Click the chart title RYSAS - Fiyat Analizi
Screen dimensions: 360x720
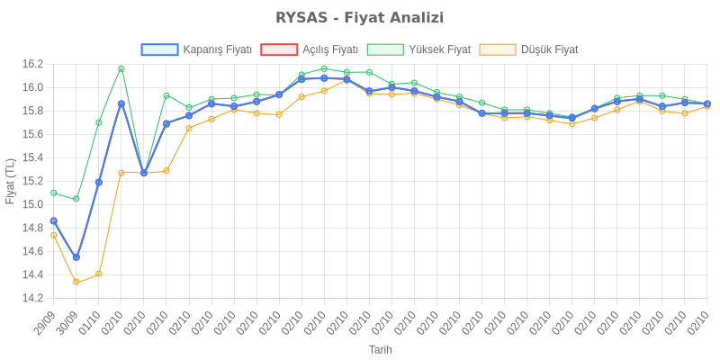[360, 18]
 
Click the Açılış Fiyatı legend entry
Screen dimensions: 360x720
[310, 49]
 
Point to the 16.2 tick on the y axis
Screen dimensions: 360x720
[32, 64]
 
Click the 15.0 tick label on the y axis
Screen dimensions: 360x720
[32, 204]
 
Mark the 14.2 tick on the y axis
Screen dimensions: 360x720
[32, 298]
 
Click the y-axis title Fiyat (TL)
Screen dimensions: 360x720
[10, 181]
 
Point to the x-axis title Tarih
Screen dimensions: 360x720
[381, 349]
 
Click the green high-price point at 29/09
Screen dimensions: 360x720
[54, 193]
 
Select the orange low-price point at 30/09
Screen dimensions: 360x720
[76, 282]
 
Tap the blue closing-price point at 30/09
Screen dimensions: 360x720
[76, 257]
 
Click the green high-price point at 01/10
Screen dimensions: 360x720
[99, 122]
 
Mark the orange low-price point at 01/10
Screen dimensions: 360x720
[99, 274]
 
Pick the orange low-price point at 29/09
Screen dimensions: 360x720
[54, 235]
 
